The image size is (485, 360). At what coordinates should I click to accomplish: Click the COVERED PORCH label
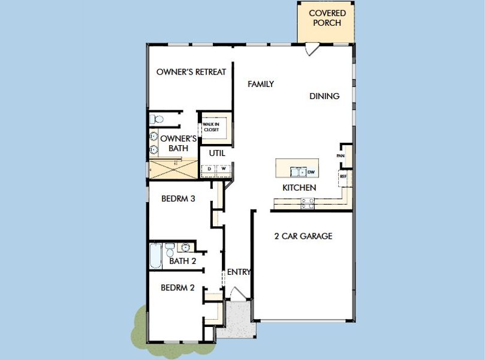pos(326,18)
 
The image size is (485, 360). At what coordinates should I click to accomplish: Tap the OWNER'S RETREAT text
pos(191,72)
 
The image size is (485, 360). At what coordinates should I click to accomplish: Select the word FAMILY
pos(261,85)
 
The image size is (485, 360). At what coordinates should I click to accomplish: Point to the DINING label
pos(324,96)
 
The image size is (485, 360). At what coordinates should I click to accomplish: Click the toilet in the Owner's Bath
pos(154,119)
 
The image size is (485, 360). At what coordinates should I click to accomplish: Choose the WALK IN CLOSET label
pos(210,127)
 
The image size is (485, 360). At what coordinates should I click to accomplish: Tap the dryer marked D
pos(209,169)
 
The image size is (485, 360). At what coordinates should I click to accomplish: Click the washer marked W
pos(223,169)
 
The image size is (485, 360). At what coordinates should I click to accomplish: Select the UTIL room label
pos(216,153)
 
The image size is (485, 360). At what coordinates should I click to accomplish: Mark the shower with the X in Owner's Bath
pos(173,169)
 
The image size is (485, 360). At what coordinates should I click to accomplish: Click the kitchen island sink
pos(297,173)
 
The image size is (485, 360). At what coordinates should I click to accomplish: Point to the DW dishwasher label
pos(311,173)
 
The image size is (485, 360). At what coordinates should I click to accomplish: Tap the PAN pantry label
pos(341,156)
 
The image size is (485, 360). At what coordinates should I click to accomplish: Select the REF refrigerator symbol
pos(344,176)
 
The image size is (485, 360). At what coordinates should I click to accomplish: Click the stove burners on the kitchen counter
pos(308,205)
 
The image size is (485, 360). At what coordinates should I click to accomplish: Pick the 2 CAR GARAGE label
pos(303,236)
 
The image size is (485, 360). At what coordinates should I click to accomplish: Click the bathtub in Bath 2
pos(155,257)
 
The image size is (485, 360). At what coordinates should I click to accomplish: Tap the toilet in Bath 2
pos(170,249)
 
